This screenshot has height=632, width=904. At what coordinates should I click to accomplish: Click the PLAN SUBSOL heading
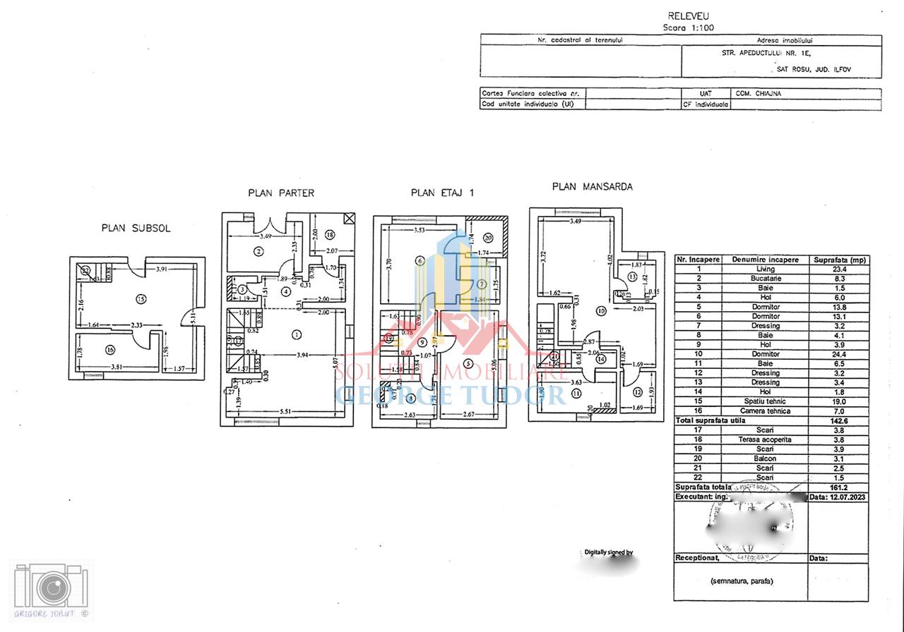136,229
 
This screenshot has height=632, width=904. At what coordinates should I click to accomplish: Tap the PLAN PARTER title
280,193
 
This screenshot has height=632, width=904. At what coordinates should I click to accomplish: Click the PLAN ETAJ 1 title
442,193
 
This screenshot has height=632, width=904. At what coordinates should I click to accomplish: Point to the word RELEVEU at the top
688,16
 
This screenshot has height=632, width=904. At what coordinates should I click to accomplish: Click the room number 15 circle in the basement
141,299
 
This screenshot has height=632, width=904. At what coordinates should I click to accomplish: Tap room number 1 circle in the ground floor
297,334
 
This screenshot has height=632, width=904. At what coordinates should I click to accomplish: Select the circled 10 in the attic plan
602,310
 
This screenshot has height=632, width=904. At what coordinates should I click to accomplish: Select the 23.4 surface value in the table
839,269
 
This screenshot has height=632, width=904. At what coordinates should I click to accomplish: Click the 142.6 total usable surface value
839,420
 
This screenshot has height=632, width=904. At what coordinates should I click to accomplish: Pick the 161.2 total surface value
839,487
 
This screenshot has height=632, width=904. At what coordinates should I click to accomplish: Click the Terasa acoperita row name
765,439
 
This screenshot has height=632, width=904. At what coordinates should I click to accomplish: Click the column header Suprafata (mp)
839,260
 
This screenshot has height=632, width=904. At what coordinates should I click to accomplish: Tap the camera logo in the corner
51,587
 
